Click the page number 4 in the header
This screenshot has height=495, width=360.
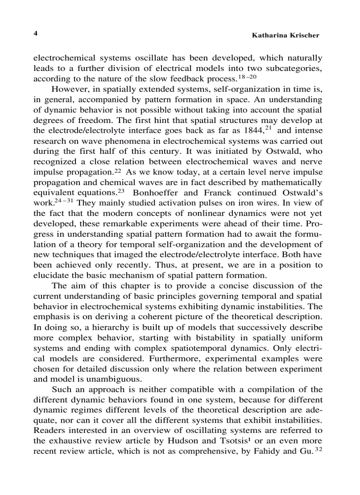pos(36,33)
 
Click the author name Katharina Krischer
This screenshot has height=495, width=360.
pos(285,35)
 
